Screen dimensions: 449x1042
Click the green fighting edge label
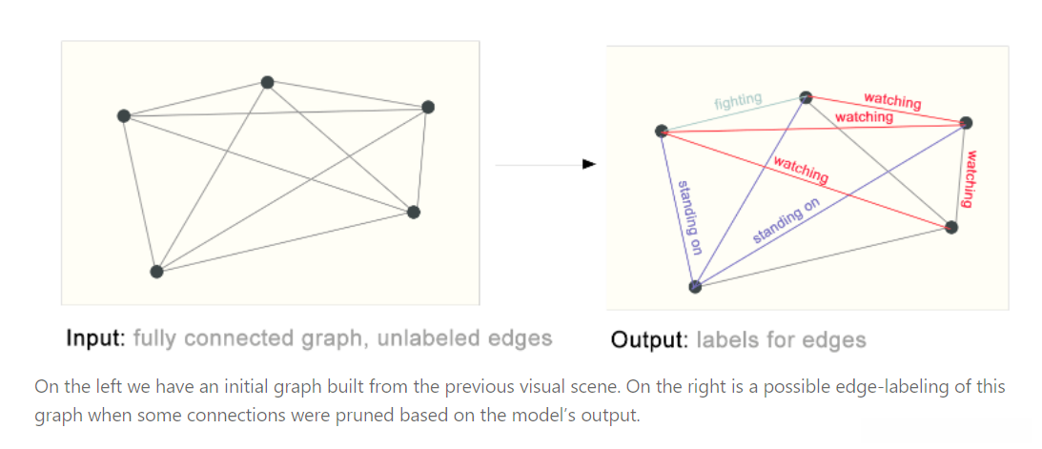(x=739, y=99)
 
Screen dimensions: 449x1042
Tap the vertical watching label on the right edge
(x=970, y=178)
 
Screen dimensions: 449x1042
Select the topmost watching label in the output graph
(x=891, y=100)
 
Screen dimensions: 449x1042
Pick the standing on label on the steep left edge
(x=689, y=217)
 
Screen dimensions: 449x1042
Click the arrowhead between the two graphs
(x=589, y=164)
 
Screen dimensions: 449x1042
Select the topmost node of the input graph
(x=268, y=83)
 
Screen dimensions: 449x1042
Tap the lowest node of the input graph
(x=157, y=272)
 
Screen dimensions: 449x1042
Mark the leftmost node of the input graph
(x=123, y=116)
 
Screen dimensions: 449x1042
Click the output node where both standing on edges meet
(x=695, y=287)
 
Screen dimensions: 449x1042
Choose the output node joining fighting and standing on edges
(x=661, y=132)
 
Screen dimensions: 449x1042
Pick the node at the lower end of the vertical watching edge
(x=950, y=227)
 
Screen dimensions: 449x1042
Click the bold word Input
(x=95, y=338)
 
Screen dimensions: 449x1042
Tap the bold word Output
(x=649, y=339)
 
